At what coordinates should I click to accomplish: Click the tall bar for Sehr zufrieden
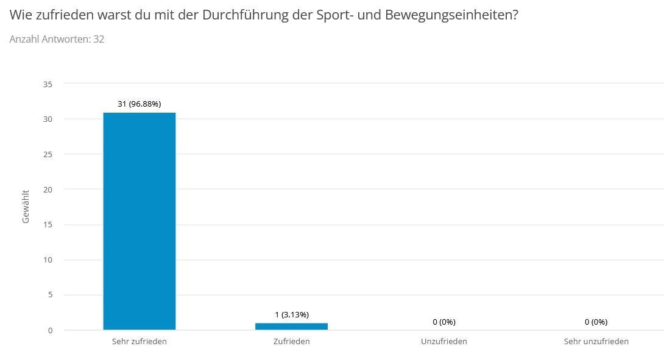click(x=140, y=221)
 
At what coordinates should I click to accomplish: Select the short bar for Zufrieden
click(x=291, y=326)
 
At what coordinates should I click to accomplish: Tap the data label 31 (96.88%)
click(x=140, y=104)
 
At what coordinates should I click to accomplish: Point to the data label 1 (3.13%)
click(x=292, y=315)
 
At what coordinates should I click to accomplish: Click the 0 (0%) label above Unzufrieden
click(x=444, y=322)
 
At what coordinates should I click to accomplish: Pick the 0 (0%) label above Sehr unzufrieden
click(x=596, y=322)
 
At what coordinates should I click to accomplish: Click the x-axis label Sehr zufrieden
click(x=140, y=341)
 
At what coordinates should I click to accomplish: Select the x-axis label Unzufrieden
click(x=444, y=341)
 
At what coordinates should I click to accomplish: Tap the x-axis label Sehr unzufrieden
click(x=596, y=341)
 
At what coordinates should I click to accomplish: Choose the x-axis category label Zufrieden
click(x=291, y=341)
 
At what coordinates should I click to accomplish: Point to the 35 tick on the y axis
click(x=48, y=84)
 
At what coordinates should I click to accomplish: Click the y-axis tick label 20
click(x=48, y=189)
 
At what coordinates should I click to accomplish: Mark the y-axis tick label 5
click(x=51, y=295)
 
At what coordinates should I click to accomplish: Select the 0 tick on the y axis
click(x=51, y=330)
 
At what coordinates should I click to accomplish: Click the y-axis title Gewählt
click(x=26, y=206)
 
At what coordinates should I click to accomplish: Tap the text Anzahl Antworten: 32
click(x=57, y=39)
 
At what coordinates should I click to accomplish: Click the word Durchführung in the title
click(x=245, y=15)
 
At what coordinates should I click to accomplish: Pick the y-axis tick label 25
click(x=48, y=155)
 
